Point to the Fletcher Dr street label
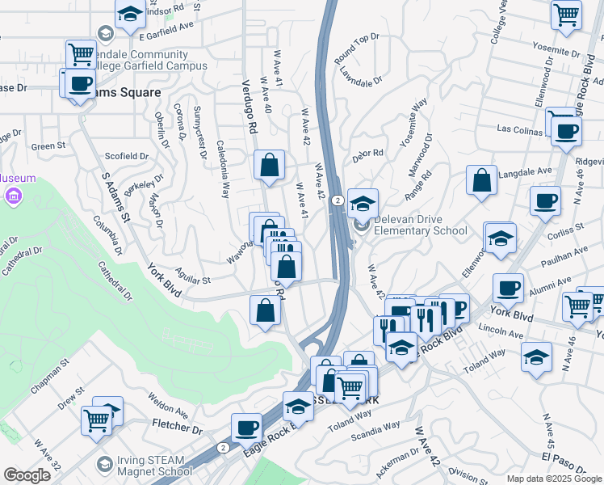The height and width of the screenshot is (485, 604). coord(177,425)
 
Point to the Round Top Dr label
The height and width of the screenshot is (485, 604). coord(357,49)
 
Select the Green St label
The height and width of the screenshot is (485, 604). coord(48,146)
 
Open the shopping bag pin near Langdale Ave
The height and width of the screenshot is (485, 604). coord(481,181)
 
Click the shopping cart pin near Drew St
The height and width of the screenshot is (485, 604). coord(96,420)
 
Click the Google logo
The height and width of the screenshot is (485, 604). coord(27,475)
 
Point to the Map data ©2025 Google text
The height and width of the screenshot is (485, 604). coord(553,479)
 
